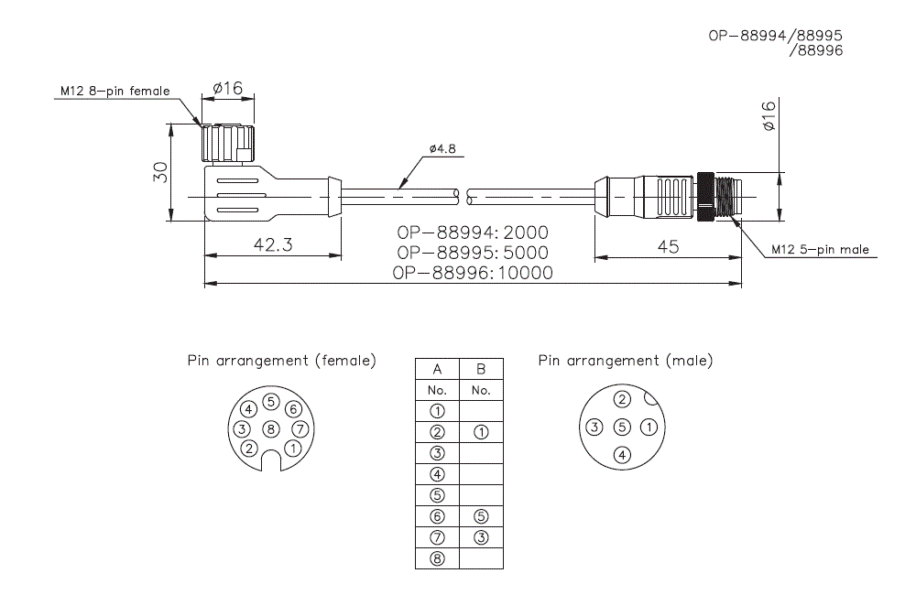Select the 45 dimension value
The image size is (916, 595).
tap(669, 248)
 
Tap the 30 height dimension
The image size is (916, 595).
tap(160, 172)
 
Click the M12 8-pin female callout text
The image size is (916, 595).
tap(114, 91)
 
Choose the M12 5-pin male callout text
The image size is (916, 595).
tap(820, 249)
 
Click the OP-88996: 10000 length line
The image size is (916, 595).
tap(473, 273)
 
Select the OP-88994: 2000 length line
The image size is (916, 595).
tap(473, 233)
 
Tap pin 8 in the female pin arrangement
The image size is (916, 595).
tap(270, 428)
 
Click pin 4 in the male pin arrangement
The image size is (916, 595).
tap(622, 454)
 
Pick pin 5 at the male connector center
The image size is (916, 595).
tap(622, 427)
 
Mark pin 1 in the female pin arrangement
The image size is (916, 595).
tap(292, 448)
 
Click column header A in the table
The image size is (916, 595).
tap(437, 369)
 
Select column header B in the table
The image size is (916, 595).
tap(481, 369)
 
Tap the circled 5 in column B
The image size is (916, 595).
tap(481, 516)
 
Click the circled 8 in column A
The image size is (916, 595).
tap(437, 558)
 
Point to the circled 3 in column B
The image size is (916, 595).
tap(481, 537)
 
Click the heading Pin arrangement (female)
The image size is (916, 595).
tap(281, 361)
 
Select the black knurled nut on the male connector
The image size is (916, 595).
tap(706, 197)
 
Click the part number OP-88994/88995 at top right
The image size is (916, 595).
tap(775, 36)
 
